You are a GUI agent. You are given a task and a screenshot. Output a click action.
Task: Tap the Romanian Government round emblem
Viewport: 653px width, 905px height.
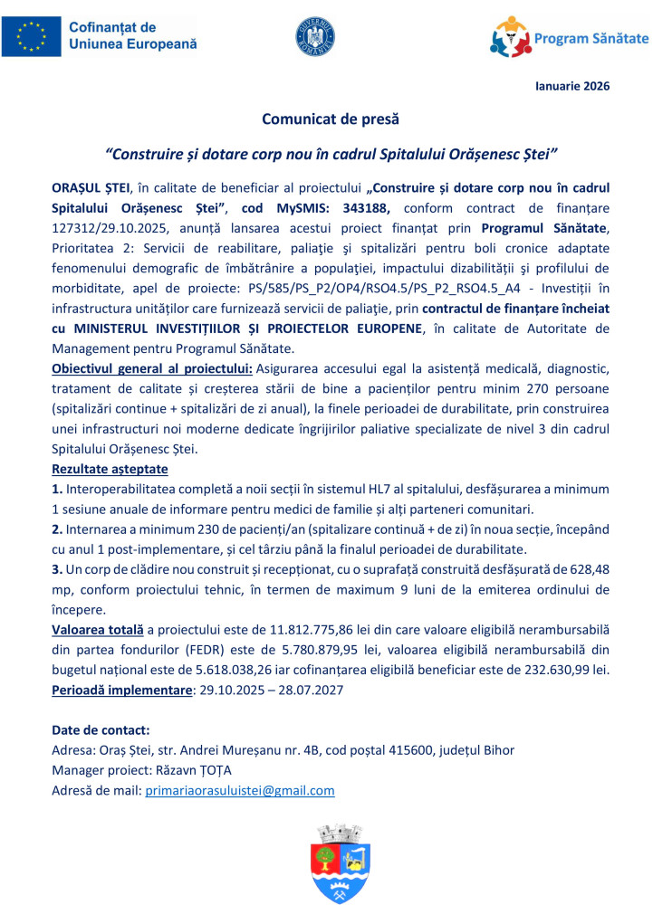[314, 36]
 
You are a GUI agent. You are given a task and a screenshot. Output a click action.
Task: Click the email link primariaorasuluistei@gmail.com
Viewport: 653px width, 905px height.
[240, 790]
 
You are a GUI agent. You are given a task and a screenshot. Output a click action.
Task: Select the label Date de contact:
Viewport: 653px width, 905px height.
[101, 729]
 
